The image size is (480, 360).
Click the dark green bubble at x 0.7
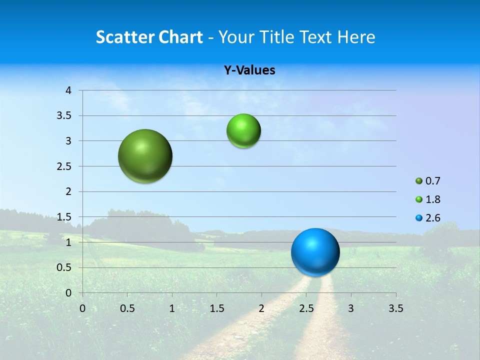[145, 156]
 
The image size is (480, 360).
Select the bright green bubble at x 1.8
[243, 130]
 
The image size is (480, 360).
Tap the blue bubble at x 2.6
[315, 252]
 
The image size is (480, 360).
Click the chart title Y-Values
[249, 70]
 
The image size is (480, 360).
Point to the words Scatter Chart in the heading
[149, 37]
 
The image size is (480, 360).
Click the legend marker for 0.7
[419, 181]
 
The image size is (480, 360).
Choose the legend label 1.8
[433, 199]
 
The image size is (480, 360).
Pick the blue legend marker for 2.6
[419, 218]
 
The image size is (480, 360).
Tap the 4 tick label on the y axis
[68, 90]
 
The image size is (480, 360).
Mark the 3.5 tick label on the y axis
[64, 115]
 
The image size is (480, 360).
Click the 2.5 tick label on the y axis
[64, 166]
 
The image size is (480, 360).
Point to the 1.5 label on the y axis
[64, 217]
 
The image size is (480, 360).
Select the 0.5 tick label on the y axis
[64, 267]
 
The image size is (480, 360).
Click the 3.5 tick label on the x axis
[395, 308]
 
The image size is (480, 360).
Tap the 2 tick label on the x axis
[261, 308]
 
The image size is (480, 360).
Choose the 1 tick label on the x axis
[172, 308]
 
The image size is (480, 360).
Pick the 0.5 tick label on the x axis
[127, 308]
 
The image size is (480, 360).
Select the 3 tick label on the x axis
[351, 308]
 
